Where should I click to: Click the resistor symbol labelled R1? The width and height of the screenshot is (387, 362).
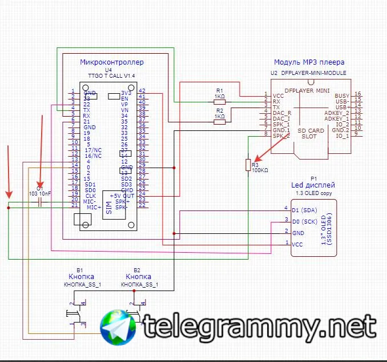[219, 101]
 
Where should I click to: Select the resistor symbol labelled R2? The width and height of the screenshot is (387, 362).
[219, 121]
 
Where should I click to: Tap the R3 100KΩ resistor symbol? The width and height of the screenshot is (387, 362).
[248, 165]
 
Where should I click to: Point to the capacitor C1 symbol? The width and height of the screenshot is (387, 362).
[40, 201]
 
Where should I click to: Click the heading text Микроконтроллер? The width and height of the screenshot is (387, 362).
[112, 62]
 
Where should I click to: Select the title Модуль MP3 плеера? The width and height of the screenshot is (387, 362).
[309, 62]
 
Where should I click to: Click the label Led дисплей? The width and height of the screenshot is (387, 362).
[313, 185]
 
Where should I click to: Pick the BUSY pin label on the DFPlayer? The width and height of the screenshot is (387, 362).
[342, 96]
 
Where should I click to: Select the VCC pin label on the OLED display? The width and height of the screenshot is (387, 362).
[297, 244]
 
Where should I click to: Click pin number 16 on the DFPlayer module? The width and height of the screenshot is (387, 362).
[357, 93]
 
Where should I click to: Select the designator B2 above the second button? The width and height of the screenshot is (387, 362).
[137, 269]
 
